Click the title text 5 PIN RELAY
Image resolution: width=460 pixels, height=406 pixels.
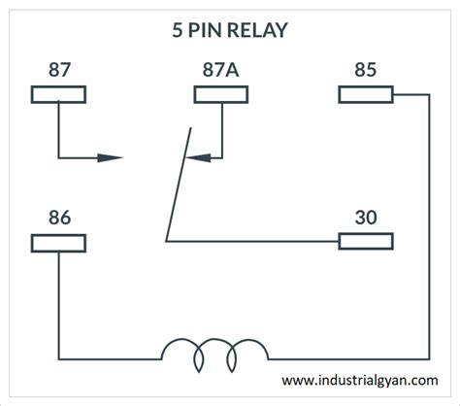coord(229,30)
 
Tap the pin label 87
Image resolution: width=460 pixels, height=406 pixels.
coord(58,71)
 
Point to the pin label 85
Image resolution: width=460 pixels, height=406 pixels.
coord(365,71)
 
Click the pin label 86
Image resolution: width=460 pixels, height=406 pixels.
coord(58,218)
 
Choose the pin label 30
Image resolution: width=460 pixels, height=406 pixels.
coord(365,218)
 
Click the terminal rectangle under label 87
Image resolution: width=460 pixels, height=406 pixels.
coord(59,94)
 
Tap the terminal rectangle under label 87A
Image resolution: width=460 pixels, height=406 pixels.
coord(222,94)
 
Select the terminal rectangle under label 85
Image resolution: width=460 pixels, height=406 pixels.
coord(365,94)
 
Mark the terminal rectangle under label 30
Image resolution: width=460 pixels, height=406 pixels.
coord(365,241)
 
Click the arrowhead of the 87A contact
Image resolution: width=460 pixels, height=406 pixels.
coord(195,157)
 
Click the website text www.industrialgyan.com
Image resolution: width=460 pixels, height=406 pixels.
coord(359,381)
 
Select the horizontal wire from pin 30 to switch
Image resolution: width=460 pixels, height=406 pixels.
coord(252,241)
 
